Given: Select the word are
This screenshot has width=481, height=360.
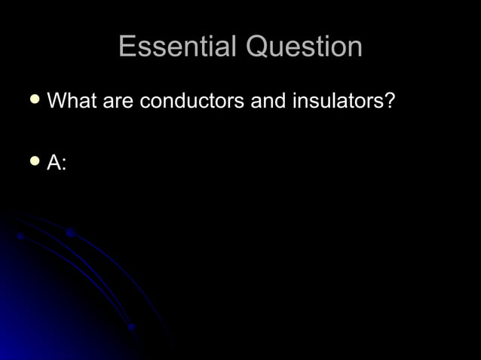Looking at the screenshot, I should (118, 101).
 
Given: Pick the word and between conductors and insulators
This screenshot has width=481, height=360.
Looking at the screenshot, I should (268, 101).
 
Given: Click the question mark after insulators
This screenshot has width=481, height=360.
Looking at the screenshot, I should (389, 100).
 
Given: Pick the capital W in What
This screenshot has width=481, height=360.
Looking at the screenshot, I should (57, 100).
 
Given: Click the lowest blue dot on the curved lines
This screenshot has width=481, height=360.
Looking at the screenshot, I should (131, 327).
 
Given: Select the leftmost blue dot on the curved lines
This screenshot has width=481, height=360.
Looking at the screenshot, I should (20, 236).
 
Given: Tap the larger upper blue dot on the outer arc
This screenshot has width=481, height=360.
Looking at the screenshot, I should (69, 233).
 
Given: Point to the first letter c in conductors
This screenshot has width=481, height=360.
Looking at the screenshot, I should (146, 102).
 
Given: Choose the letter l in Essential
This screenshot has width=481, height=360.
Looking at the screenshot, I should (234, 47).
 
